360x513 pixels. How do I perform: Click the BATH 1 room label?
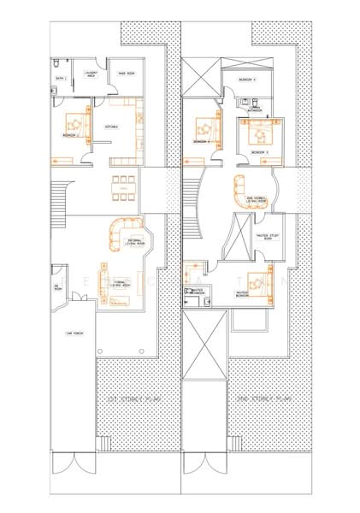(x=61, y=78)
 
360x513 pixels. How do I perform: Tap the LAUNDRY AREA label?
(x=91, y=76)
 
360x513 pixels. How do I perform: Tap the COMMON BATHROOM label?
(x=254, y=109)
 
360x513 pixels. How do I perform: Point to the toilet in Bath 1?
(x=56, y=64)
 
